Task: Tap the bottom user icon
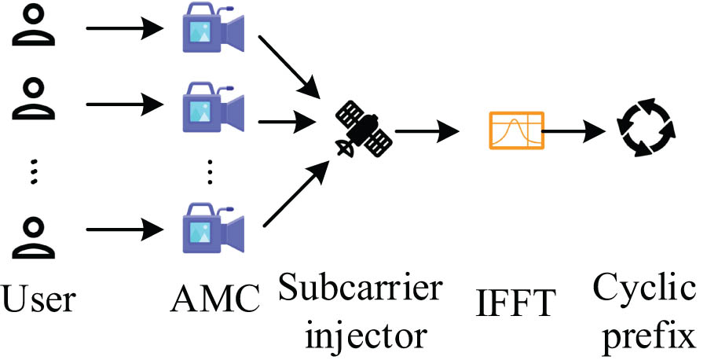[32, 235]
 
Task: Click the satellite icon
[364, 129]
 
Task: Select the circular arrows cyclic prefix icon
[644, 128]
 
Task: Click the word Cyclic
[644, 289]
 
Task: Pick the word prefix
[644, 334]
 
